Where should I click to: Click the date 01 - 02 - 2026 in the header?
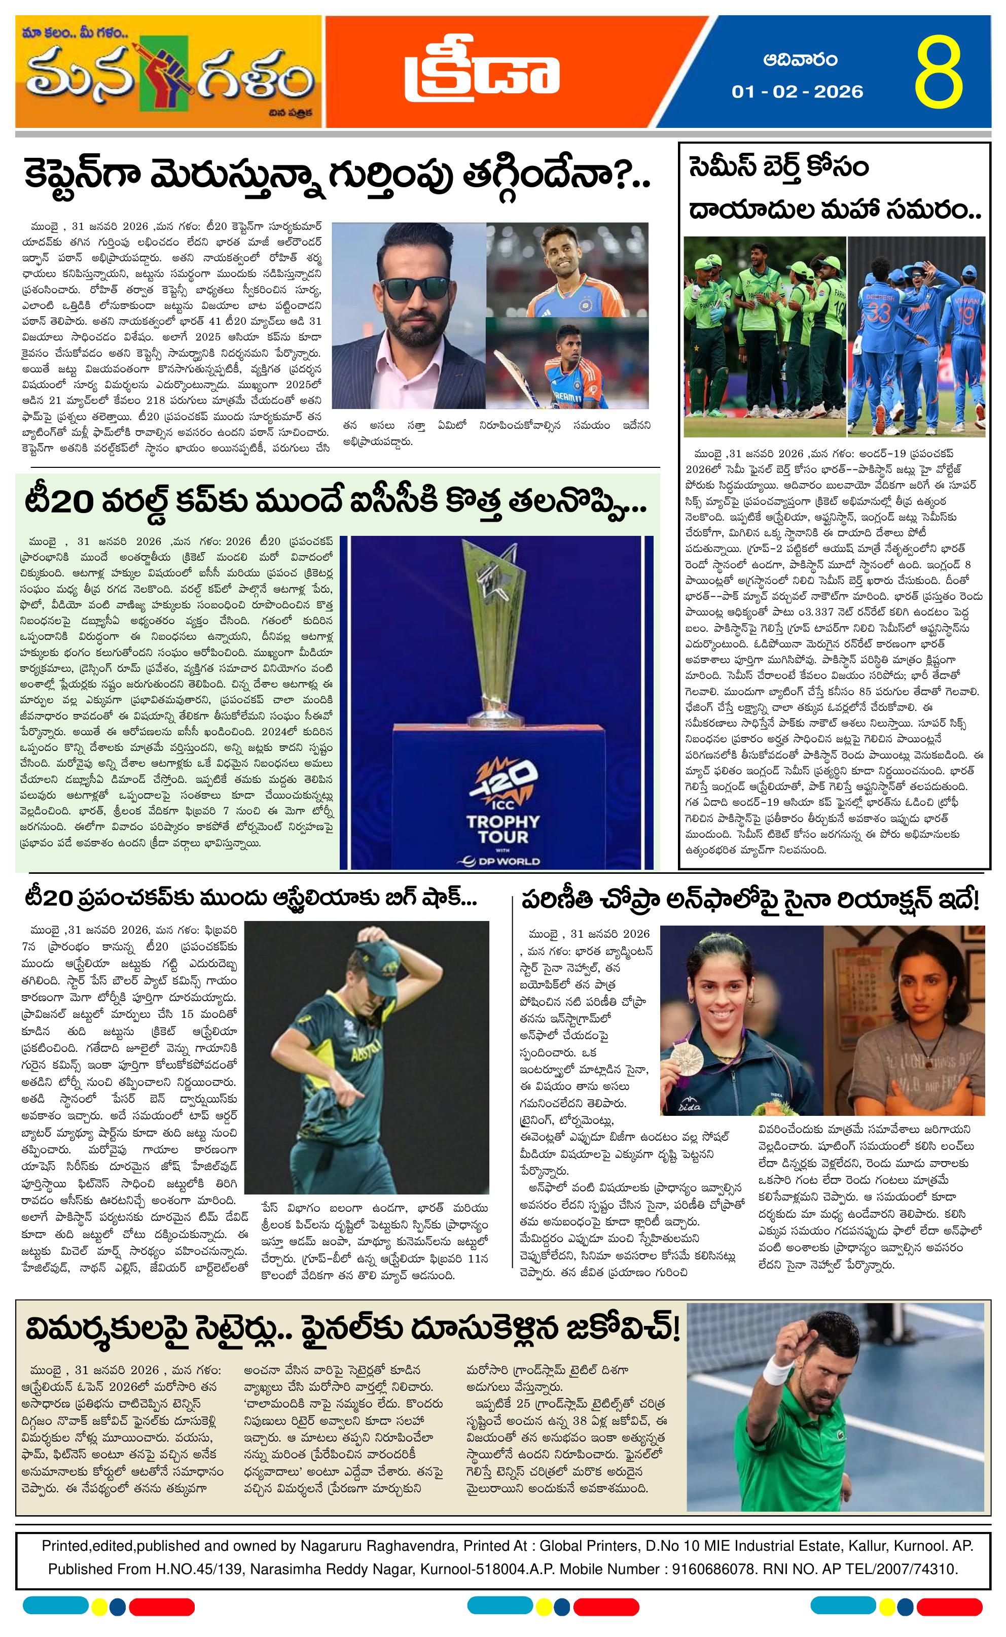click(797, 91)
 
